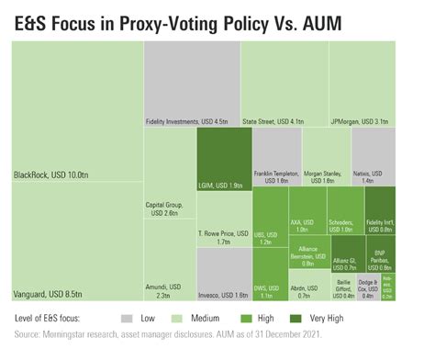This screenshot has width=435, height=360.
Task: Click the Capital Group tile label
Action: point(169,209)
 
